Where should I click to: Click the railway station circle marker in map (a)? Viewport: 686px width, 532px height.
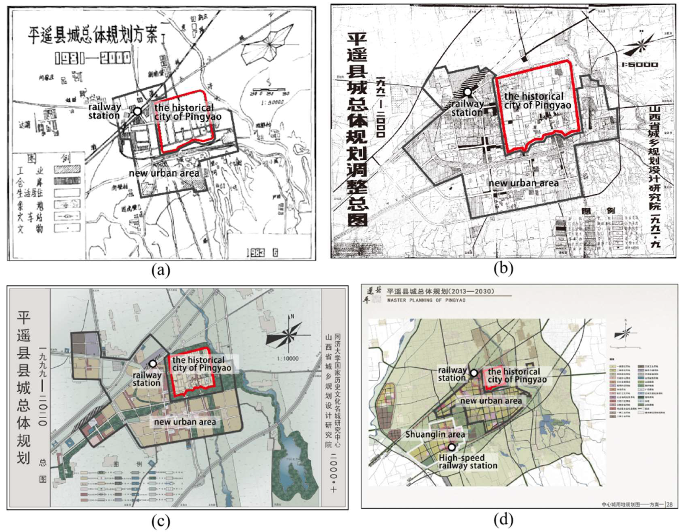137,112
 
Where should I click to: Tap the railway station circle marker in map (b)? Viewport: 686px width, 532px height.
468,92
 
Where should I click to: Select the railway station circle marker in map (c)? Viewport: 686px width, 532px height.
153,364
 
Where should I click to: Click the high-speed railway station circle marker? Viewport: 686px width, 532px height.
451,447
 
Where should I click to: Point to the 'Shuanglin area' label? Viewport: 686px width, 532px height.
435,435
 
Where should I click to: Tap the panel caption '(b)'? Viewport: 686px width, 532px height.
503,269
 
